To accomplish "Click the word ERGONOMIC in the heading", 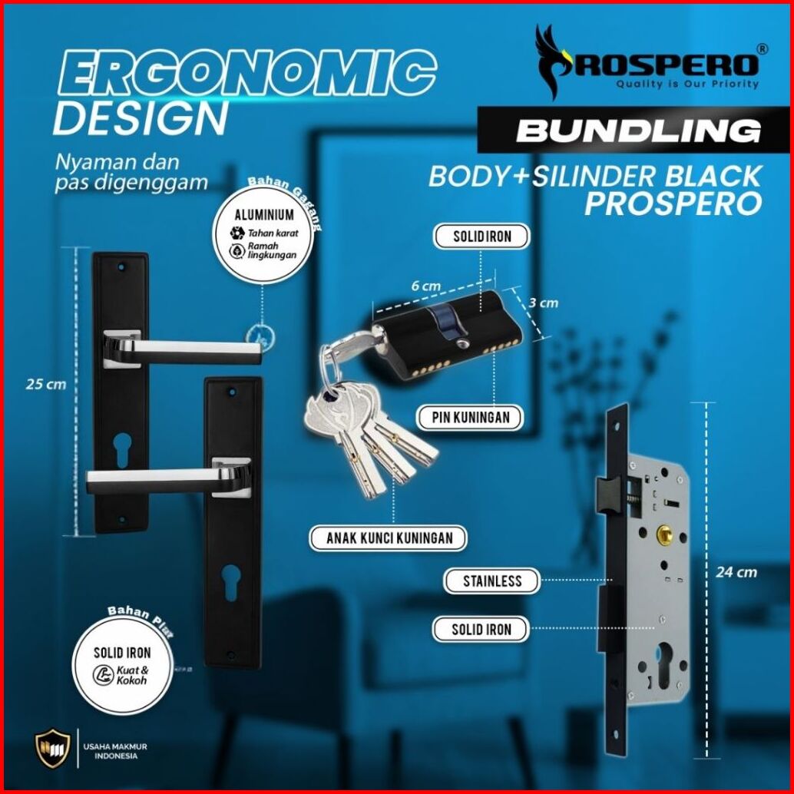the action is click(x=245, y=75).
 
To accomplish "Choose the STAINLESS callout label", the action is click(x=492, y=581).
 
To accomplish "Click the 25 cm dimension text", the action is click(x=45, y=385).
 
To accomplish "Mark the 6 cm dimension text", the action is click(x=425, y=286).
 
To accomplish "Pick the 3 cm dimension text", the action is click(x=543, y=303).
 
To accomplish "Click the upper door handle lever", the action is click(x=184, y=347).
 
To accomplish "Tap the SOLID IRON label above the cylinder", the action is click(x=482, y=237).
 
